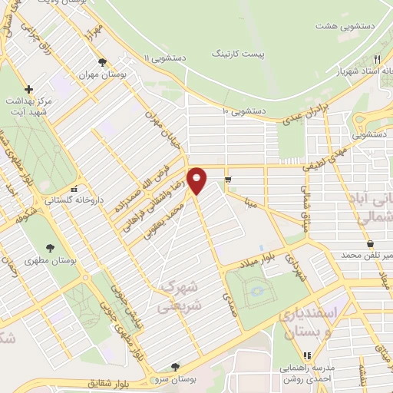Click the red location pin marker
tap(196, 180)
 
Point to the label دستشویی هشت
tap(336, 25)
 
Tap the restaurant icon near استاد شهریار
tap(377, 59)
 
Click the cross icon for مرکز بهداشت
tap(29, 89)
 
